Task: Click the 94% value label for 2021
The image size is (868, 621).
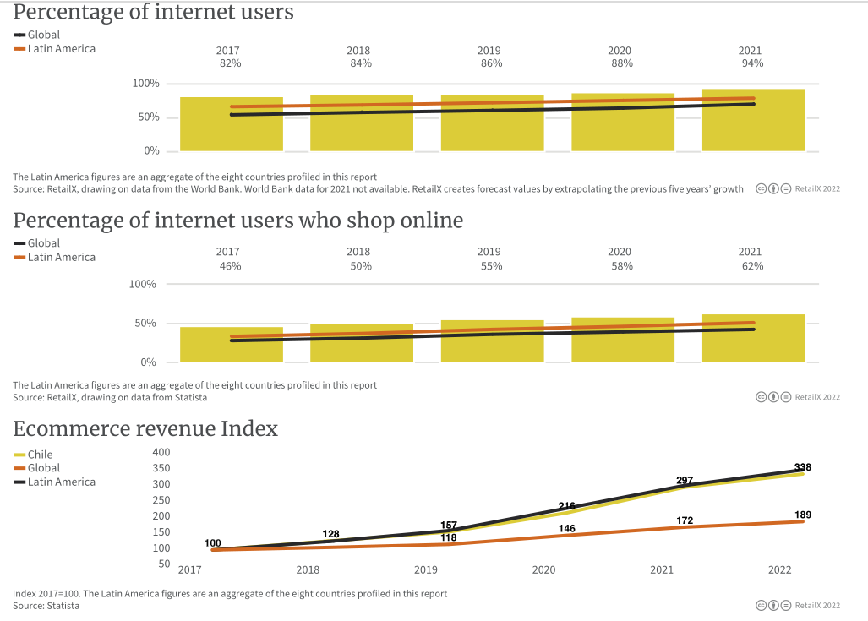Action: (752, 63)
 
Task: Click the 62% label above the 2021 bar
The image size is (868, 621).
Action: (752, 266)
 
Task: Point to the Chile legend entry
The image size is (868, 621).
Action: (40, 455)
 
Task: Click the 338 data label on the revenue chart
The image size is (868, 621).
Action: (803, 467)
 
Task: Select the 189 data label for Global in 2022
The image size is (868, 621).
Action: (803, 515)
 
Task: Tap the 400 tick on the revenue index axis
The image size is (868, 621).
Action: (161, 452)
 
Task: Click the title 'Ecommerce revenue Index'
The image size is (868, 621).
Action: (145, 428)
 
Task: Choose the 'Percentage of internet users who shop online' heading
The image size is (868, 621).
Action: (238, 221)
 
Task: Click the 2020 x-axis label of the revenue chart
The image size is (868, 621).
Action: (544, 570)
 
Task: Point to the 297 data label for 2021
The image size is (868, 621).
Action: (685, 481)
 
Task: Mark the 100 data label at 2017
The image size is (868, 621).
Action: (213, 543)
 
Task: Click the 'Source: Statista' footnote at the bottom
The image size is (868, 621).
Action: (46, 606)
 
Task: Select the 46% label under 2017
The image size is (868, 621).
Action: (230, 266)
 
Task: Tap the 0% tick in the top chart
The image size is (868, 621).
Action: (150, 150)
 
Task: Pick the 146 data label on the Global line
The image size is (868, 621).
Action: (567, 528)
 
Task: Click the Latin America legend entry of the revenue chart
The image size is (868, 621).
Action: (61, 482)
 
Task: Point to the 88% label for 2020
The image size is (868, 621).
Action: (621, 63)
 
